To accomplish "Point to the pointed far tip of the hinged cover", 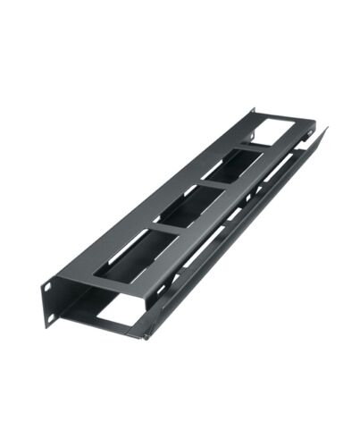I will coord(326,130).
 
